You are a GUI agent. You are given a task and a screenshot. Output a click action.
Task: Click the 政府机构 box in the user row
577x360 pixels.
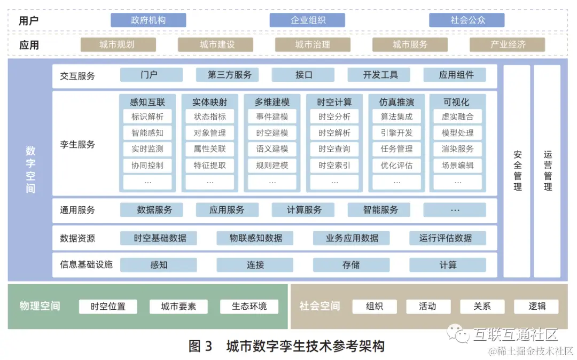point(148,20)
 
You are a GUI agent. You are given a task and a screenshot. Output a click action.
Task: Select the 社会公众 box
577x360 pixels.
point(467,20)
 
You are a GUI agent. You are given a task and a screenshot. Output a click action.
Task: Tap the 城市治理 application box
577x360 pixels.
point(313,45)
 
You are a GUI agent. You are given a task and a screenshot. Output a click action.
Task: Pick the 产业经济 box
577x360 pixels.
point(507,45)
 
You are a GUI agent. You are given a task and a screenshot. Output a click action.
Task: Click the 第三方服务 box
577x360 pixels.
point(229,75)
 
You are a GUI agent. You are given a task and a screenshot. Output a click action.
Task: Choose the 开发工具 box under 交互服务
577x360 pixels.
point(380,75)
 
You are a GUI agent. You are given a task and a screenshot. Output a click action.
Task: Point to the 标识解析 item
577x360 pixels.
point(147,116)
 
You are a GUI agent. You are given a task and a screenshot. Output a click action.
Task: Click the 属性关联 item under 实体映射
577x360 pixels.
point(209,149)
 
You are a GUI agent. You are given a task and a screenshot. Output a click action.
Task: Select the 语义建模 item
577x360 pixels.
point(272,149)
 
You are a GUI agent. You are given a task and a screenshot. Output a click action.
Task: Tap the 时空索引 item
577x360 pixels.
point(334,166)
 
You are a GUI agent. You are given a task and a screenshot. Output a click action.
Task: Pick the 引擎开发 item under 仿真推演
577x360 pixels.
point(396,133)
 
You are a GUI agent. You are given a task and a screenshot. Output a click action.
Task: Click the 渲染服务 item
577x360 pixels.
point(457,149)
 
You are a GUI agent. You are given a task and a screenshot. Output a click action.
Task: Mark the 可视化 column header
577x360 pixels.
point(457,102)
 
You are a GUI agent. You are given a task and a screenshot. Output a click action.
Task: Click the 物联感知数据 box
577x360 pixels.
point(255,238)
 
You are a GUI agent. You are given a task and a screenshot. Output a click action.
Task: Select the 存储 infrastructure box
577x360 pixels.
point(351,265)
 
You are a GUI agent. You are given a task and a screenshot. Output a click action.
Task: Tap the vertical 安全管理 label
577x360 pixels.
point(517,171)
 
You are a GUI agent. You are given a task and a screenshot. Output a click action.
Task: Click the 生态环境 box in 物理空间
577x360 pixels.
point(249,307)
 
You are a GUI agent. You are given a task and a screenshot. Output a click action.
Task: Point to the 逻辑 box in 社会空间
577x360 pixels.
point(536,307)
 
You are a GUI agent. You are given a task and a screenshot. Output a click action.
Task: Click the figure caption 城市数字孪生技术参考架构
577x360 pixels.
point(305,346)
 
